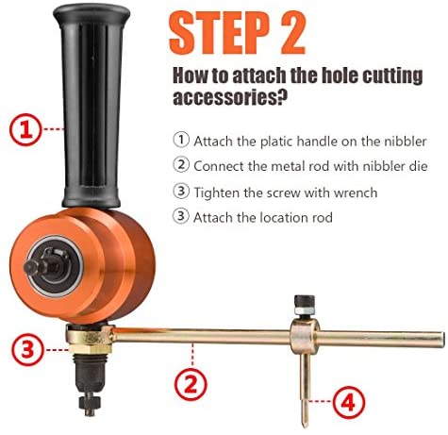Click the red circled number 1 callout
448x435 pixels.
[x=25, y=129]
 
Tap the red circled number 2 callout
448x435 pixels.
[x=191, y=384]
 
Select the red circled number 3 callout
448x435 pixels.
[x=27, y=349]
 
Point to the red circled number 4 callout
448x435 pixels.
[x=349, y=402]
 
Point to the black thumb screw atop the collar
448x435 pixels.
[x=305, y=304]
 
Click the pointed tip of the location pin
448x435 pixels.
[x=305, y=426]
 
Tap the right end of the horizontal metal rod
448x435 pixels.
[x=441, y=340]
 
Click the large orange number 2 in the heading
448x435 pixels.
[x=292, y=33]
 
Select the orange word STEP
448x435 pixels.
[x=219, y=33]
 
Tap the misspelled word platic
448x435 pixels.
[x=277, y=142]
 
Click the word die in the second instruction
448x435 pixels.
[x=419, y=166]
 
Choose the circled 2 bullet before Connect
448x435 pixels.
[x=181, y=165]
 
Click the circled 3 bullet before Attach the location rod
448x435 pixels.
[x=181, y=216]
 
